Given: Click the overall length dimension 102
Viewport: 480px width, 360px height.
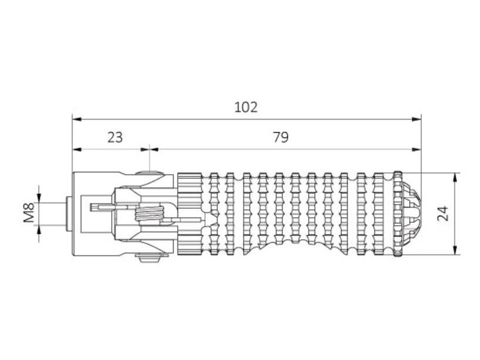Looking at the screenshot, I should [x=246, y=107].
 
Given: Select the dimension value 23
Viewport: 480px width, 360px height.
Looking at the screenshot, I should [x=115, y=137].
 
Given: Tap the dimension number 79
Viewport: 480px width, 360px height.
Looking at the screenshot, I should [x=281, y=137].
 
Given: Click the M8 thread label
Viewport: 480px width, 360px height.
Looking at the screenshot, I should [x=29, y=213].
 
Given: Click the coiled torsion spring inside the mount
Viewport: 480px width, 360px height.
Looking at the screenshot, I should [x=148, y=214].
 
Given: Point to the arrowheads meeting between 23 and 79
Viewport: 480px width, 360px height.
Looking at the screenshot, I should [x=149, y=150].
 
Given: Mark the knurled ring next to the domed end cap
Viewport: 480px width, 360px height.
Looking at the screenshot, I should [x=398, y=214].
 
